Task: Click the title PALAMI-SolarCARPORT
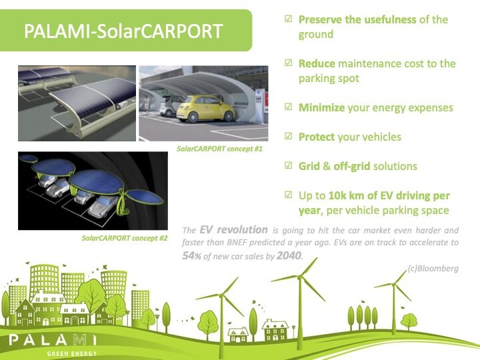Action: pos(123,31)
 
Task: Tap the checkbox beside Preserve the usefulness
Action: pos(289,19)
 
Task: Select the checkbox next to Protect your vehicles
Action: pos(289,136)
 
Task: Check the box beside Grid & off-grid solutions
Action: pos(289,165)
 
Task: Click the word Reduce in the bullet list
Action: pos(317,63)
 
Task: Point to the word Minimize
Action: pos(322,107)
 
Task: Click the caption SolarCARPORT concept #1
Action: pos(219,149)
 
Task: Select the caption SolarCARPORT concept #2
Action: pos(124,238)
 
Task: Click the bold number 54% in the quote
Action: pos(191,255)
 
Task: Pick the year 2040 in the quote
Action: pos(289,255)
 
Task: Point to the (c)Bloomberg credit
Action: pos(433,268)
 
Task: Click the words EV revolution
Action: pos(233,229)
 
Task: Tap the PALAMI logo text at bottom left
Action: pos(53,339)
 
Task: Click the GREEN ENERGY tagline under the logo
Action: pos(72,353)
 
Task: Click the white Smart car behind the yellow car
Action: pos(168,105)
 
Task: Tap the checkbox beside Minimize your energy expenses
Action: pos(289,107)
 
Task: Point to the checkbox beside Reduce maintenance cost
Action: pos(289,63)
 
